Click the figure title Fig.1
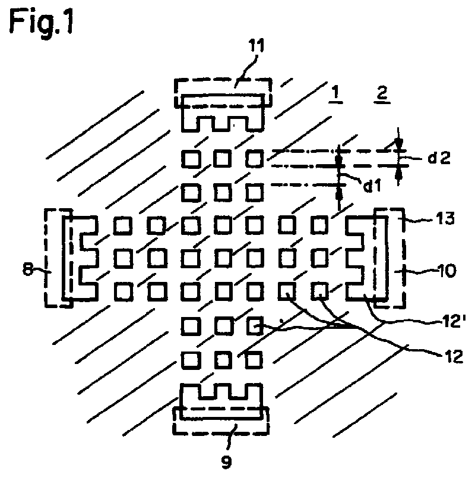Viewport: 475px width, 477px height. (x=42, y=21)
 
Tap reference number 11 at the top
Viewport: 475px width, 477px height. (x=256, y=46)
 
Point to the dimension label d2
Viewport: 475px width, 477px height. (x=439, y=158)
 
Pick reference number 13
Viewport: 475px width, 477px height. (x=445, y=218)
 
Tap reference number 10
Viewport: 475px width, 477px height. (x=446, y=271)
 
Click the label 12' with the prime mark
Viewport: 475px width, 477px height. (x=452, y=321)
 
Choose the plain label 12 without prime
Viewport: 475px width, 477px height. (x=454, y=356)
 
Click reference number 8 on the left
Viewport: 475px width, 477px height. (x=28, y=269)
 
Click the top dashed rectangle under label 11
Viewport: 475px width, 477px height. (x=223, y=93)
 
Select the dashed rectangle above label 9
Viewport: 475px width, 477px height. (x=221, y=421)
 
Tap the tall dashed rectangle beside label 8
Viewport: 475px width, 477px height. (x=59, y=258)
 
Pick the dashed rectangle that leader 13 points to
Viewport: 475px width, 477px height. (x=389, y=258)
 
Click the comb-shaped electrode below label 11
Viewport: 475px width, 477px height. (x=223, y=113)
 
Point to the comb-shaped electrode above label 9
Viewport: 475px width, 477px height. (x=221, y=401)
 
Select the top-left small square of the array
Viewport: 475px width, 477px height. (x=191, y=158)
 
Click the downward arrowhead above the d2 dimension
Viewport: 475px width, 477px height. (x=399, y=143)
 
